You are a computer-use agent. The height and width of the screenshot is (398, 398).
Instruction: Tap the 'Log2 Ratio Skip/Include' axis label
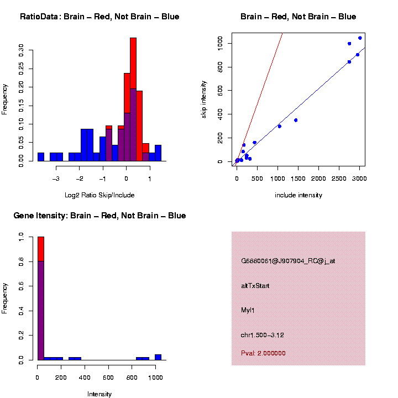(x=99, y=195)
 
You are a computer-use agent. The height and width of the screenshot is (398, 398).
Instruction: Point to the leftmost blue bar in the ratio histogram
(x=41, y=156)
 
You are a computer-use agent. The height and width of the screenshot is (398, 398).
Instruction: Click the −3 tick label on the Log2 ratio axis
(x=56, y=179)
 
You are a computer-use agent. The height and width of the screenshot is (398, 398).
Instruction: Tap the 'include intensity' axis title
(x=298, y=195)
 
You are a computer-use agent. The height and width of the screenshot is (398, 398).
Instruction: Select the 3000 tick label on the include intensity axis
(x=359, y=179)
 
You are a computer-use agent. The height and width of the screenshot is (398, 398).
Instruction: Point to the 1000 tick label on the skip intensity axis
(x=221, y=43)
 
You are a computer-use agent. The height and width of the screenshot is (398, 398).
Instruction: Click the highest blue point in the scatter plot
(x=360, y=38)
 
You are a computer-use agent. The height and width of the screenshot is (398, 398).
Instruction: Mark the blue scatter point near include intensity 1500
(x=296, y=120)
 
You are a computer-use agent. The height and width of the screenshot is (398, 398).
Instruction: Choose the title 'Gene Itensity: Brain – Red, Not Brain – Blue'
(x=99, y=216)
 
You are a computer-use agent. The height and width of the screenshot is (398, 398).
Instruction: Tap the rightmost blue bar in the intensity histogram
(x=158, y=357)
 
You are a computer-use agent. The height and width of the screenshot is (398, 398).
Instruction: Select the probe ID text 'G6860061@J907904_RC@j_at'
(x=288, y=261)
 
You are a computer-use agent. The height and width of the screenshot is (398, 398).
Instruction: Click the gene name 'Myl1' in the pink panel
(x=248, y=310)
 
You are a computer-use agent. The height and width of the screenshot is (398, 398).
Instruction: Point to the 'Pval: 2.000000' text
(x=264, y=353)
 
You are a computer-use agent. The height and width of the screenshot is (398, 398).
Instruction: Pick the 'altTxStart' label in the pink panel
(x=255, y=286)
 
